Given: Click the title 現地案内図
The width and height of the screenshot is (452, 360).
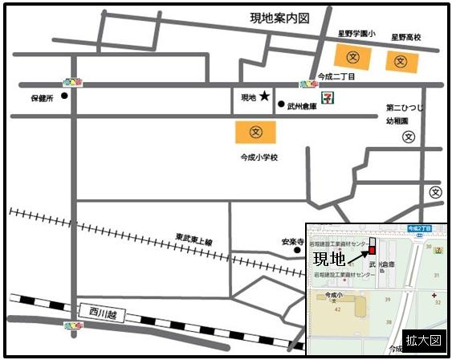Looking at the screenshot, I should tap(279, 17).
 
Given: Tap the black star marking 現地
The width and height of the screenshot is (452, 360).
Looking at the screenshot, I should tap(264, 97).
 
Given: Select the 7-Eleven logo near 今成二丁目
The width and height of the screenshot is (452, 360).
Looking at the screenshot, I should tap(328, 96).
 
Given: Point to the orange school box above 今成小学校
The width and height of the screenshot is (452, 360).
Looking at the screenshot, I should tap(255, 131).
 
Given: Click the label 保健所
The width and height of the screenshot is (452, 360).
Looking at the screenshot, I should tap(41, 99).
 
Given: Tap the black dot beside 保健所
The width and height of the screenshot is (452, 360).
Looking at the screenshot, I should tap(64, 94).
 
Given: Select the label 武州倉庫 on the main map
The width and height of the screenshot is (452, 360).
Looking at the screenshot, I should tap(303, 105).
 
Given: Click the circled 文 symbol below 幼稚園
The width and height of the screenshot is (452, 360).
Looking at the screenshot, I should tap(409, 137).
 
